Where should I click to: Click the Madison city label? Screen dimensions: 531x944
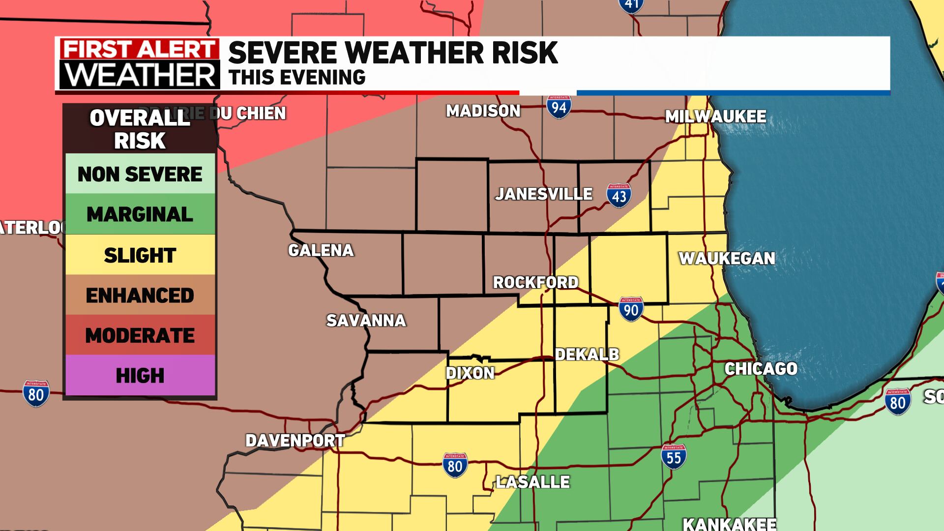tap(483, 111)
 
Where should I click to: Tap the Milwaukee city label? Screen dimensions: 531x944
tap(715, 117)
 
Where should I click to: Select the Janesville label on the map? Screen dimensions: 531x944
tap(543, 194)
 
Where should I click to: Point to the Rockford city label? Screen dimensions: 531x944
tap(535, 283)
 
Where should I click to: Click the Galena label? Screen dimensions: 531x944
tap(321, 250)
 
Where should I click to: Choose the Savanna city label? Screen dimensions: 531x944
tap(366, 321)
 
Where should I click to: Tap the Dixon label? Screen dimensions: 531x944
tap(470, 373)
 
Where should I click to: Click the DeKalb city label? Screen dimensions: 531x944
tap(587, 354)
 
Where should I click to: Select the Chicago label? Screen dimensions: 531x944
tap(761, 369)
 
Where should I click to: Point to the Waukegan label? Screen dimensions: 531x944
tap(727, 258)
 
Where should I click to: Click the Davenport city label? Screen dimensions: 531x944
tap(295, 441)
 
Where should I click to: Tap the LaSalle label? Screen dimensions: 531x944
tap(532, 482)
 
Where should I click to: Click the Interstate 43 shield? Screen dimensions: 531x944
tap(619, 196)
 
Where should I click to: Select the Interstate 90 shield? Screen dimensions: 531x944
tap(631, 309)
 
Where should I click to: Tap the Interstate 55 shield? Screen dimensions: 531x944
tap(673, 457)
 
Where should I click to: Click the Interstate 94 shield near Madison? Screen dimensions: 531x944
tap(559, 107)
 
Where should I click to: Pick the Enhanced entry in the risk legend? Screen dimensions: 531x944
tap(140, 295)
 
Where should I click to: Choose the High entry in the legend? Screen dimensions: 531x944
tap(140, 376)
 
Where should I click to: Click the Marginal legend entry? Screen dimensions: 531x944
tap(140, 214)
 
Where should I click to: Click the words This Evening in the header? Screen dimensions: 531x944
tap(297, 78)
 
